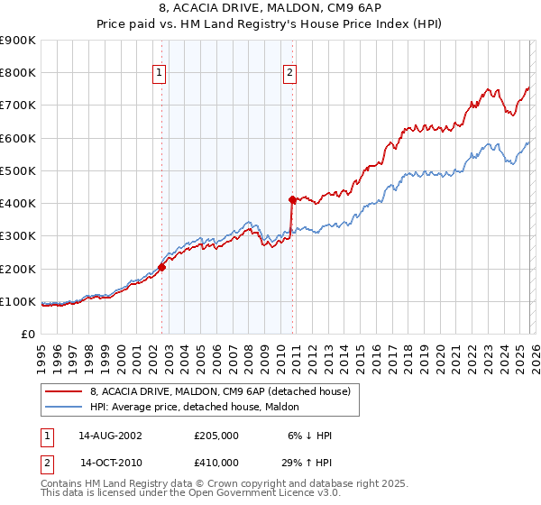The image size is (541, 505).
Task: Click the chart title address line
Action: pos(270,9)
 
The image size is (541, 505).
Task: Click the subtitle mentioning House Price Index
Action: pos(270,24)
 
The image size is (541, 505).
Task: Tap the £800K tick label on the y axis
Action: pos(18,73)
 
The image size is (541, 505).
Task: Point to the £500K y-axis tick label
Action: pos(18,170)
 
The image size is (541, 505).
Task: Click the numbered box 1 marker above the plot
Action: pos(159,74)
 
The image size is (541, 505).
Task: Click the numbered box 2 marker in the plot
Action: pos(290,74)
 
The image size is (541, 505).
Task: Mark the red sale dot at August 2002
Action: pos(162,267)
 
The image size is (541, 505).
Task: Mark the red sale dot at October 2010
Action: pos(292,199)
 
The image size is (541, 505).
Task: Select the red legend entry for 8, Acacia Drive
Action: pos(225,390)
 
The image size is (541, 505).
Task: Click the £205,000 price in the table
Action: pos(215,436)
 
